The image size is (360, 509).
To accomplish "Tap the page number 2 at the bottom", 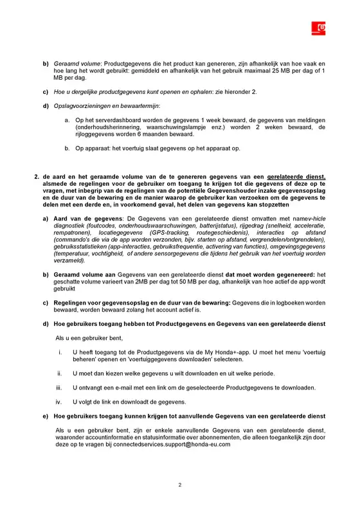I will (x=180, y=486).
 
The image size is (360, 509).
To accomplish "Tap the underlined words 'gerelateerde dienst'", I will (x=297, y=175).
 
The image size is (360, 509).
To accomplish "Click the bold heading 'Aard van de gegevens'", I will (x=85, y=220).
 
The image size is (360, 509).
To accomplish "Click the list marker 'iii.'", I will (x=59, y=388).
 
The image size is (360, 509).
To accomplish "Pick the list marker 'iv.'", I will (x=59, y=402).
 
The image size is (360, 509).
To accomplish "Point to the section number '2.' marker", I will (x=37, y=175).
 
